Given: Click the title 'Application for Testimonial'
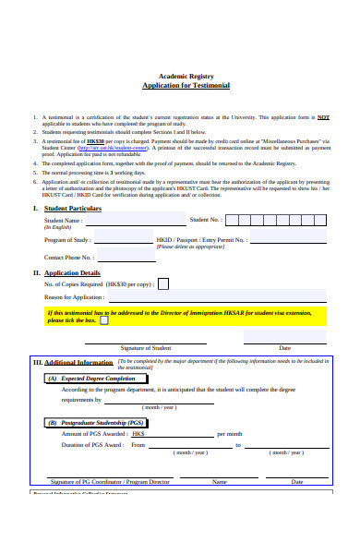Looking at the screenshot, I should [186, 85].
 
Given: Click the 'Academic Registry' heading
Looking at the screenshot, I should [186, 75].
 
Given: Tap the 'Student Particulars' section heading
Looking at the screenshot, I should [73, 235].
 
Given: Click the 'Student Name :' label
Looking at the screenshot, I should [64, 247].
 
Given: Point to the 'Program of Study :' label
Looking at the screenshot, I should [68, 264].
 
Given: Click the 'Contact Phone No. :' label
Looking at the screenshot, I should [68, 283].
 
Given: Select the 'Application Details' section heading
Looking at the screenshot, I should [73, 299].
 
